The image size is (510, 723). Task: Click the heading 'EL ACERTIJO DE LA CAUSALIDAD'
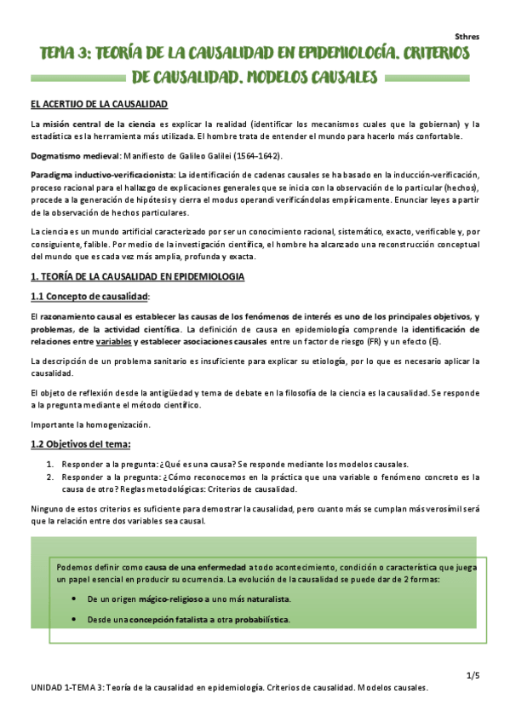(x=99, y=104)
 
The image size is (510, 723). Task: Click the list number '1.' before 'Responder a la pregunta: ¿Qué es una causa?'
(x=49, y=464)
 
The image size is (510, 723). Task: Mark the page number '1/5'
(x=473, y=676)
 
